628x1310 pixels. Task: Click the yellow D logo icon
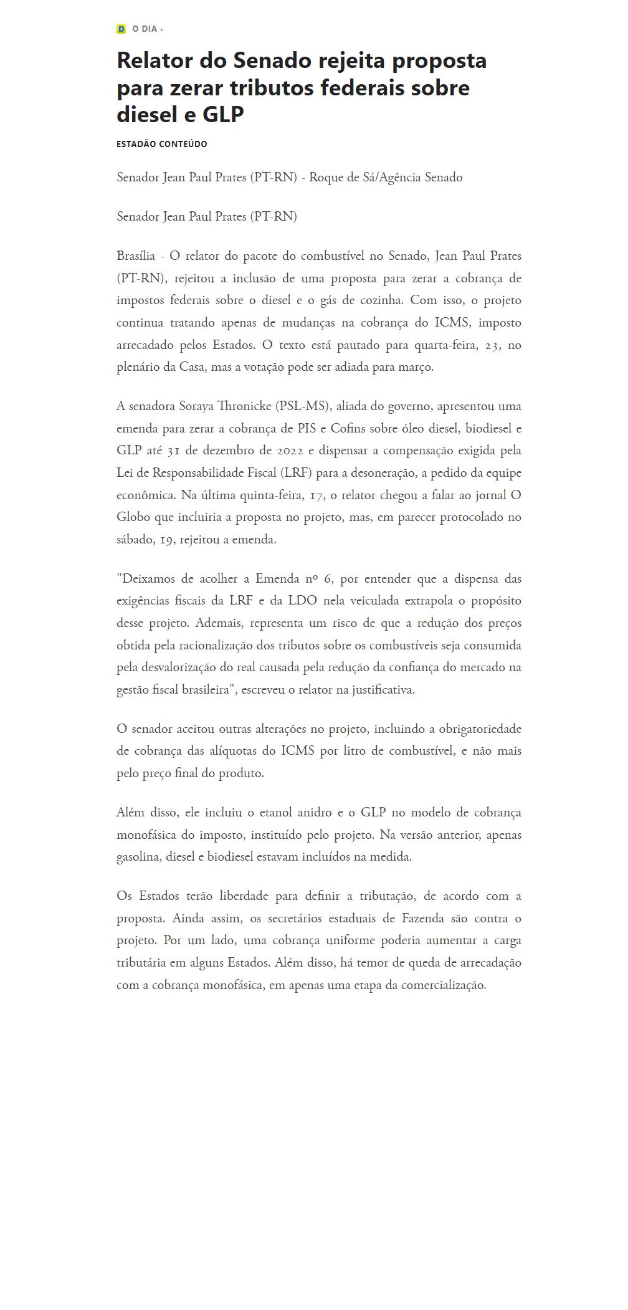click(121, 29)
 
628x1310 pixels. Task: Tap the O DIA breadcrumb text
click(145, 29)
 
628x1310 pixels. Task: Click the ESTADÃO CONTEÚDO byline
click(162, 144)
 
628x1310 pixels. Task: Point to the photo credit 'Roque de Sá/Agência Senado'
click(386, 178)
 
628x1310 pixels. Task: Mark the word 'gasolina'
click(138, 857)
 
